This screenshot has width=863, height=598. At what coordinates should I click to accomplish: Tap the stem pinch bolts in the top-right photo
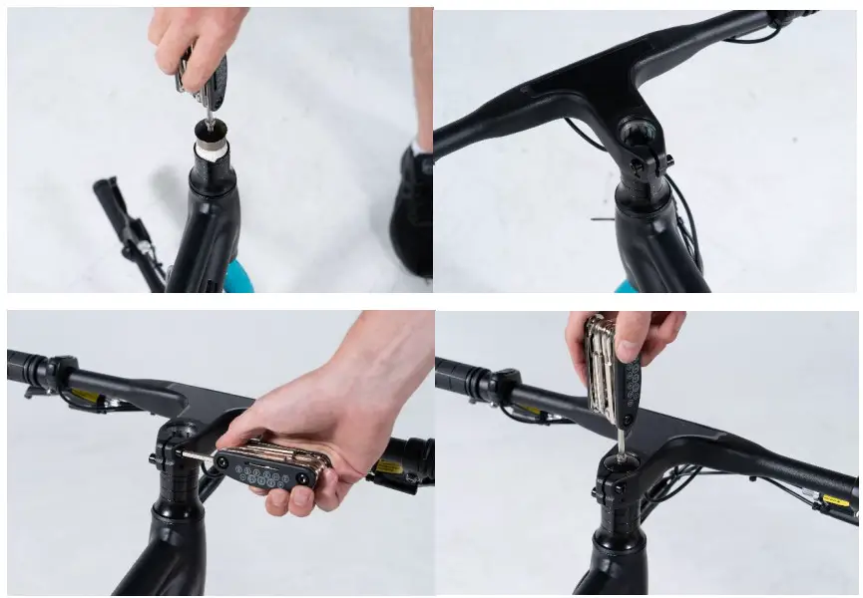tap(662, 158)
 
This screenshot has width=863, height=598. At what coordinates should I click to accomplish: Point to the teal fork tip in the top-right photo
tap(626, 286)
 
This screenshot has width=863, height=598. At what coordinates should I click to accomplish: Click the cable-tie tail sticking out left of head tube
tap(602, 219)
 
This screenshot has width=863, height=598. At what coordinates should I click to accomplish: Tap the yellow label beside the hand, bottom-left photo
tap(384, 465)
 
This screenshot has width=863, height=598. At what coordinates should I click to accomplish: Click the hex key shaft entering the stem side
tap(196, 454)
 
